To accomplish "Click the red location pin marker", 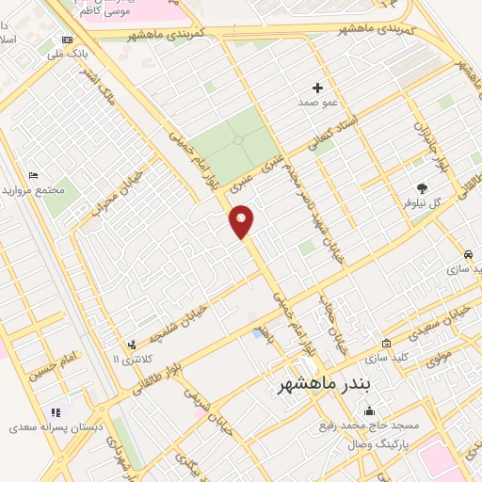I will click(242, 221).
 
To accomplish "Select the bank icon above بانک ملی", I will click(66, 40).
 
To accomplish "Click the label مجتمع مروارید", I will click(40, 190).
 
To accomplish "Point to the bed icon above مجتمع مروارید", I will click(33, 175).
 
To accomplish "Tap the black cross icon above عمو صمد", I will click(317, 88).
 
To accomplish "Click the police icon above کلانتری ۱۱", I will click(132, 345).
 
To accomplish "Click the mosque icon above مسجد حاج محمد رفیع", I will click(368, 410).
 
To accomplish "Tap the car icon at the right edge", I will click(468, 255).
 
